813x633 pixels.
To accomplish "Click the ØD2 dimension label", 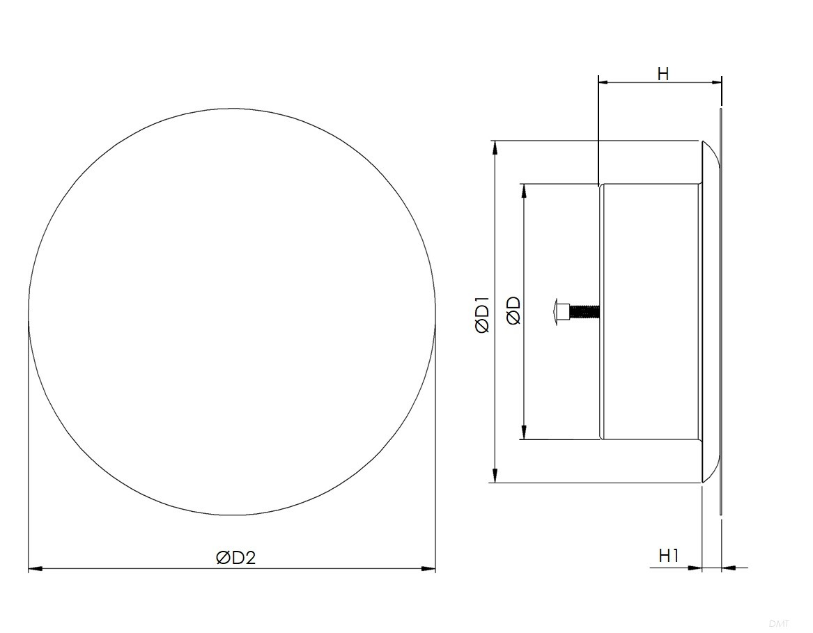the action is click(x=236, y=558).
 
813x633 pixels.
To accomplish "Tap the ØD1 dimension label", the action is click(x=481, y=315).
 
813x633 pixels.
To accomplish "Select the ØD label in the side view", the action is click(x=513, y=311).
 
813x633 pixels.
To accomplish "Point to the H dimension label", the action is click(x=663, y=74).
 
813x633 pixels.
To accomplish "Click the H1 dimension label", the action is click(x=669, y=556).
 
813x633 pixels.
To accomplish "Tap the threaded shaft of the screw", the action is click(x=584, y=311).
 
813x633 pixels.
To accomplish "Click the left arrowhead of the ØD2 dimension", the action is click(x=36, y=569).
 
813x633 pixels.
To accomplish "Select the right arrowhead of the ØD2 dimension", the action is click(x=428, y=569).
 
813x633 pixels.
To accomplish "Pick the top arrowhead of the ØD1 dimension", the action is click(x=495, y=148).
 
